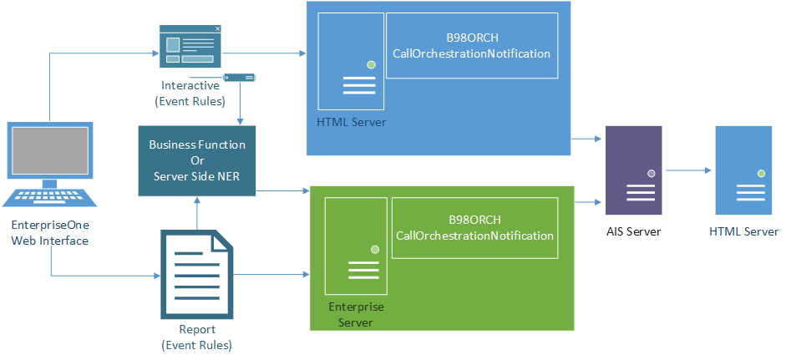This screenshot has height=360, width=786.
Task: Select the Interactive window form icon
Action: (190, 46)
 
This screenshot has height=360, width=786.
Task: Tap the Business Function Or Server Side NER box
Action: (197, 160)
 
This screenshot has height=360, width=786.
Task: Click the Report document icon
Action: (196, 273)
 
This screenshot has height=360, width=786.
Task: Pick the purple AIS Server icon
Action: (633, 171)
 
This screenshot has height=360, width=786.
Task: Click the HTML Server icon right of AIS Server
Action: (743, 171)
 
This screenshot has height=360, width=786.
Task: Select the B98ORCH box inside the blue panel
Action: (471, 46)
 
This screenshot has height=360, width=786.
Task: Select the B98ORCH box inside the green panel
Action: (474, 227)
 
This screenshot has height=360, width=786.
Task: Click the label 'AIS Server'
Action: (633, 231)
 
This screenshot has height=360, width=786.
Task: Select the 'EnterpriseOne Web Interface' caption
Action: (49, 233)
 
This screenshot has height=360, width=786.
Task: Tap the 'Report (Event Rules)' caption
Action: (197, 337)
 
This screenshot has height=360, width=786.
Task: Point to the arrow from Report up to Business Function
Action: (196, 212)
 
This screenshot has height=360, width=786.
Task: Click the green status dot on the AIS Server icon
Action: (651, 173)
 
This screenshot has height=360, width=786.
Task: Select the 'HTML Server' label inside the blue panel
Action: (351, 122)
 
